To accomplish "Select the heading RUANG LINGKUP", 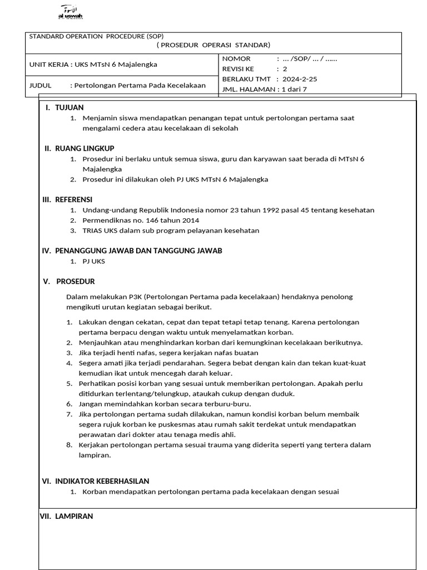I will (x=85, y=148).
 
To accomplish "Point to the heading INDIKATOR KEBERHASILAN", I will (x=102, y=481).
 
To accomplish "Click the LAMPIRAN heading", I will (x=74, y=516).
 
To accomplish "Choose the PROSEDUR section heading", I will (x=75, y=281).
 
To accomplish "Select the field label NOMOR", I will (x=237, y=58).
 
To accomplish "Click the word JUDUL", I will (x=40, y=85).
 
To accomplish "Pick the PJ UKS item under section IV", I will (x=93, y=261).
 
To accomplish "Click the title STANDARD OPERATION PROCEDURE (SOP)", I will (x=96, y=36).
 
